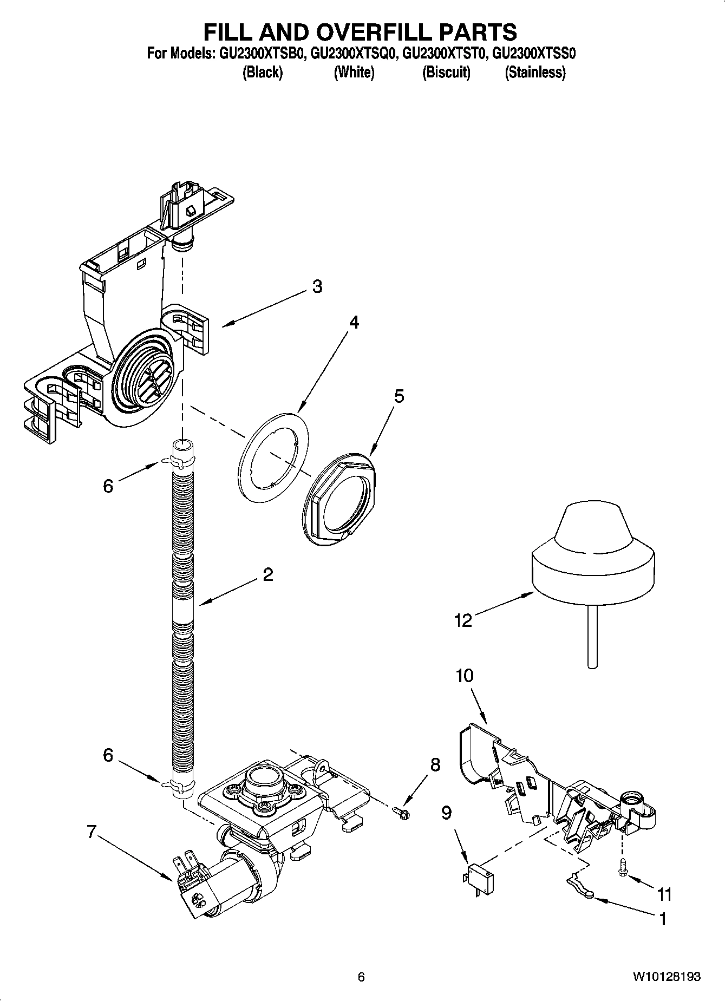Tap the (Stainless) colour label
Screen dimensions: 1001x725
point(535,72)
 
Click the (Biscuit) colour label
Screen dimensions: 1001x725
point(446,72)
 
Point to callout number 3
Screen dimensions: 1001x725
point(317,286)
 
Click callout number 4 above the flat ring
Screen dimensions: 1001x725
point(354,323)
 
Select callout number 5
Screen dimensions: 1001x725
point(399,396)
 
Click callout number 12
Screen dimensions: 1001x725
point(463,620)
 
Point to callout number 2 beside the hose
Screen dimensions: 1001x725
point(267,574)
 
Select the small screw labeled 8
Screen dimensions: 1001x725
point(401,810)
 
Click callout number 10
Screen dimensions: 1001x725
point(465,676)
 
